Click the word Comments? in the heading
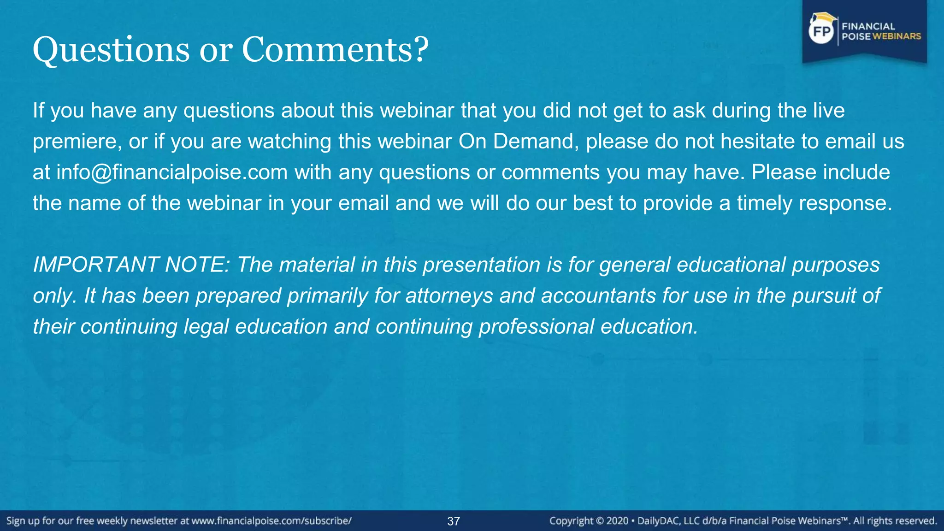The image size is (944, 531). pos(335,49)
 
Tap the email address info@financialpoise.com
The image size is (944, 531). pos(172,172)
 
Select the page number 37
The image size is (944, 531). pos(454,521)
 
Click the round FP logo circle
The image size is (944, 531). pos(821,32)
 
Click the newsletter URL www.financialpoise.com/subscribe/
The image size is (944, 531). pos(271,521)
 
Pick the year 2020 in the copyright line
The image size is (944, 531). pos(618,521)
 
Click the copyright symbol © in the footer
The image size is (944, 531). pos(600,521)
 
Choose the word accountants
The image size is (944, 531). pos(598,296)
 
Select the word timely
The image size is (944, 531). pos(764,203)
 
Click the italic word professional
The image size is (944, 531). pos(536,327)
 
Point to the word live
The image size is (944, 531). pos(828,111)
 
